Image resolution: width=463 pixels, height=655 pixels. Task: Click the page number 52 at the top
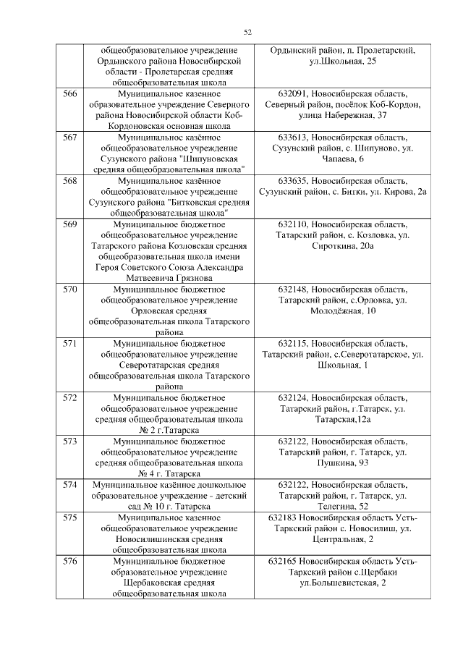pyautogui.click(x=247, y=31)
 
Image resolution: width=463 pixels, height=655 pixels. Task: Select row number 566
pyautogui.click(x=70, y=94)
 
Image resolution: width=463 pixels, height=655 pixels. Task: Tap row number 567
pyautogui.click(x=70, y=137)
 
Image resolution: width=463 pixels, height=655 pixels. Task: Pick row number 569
pyautogui.click(x=70, y=224)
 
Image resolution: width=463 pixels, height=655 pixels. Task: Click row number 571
pyautogui.click(x=70, y=343)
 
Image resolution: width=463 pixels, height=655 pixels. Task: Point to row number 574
pyautogui.click(x=70, y=484)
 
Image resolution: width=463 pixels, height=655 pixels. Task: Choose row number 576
pyautogui.click(x=70, y=561)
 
